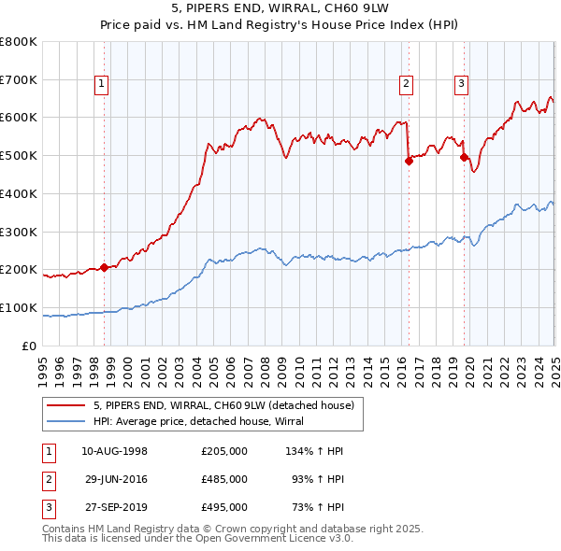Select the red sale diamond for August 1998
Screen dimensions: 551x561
[104, 267]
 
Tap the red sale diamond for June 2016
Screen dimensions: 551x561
[409, 161]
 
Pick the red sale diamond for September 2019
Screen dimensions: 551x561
[465, 157]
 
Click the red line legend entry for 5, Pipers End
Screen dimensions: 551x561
[223, 405]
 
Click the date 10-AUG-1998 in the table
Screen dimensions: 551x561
[115, 451]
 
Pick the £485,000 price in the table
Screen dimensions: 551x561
[224, 479]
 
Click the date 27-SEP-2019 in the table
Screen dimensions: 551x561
[115, 507]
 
